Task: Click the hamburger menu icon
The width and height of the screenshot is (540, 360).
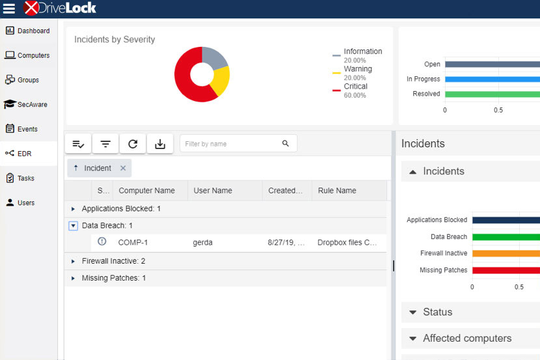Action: (x=9, y=8)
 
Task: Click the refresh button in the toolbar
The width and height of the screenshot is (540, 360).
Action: (x=133, y=144)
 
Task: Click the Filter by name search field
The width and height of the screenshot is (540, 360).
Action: (x=231, y=144)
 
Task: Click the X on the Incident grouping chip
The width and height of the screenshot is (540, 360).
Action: (x=123, y=168)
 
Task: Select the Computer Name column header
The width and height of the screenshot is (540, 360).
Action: (x=146, y=191)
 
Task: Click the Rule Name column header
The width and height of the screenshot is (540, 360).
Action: (x=337, y=191)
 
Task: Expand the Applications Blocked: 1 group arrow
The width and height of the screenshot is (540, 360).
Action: (x=73, y=209)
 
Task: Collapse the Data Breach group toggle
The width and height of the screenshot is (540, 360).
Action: (x=73, y=226)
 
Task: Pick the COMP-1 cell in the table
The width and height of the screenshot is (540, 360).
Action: (x=133, y=242)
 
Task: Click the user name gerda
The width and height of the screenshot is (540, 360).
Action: (x=203, y=242)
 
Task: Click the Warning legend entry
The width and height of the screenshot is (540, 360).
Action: (x=357, y=69)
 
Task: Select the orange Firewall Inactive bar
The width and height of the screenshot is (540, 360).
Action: (x=506, y=253)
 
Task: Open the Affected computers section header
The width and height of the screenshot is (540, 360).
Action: (x=466, y=339)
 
